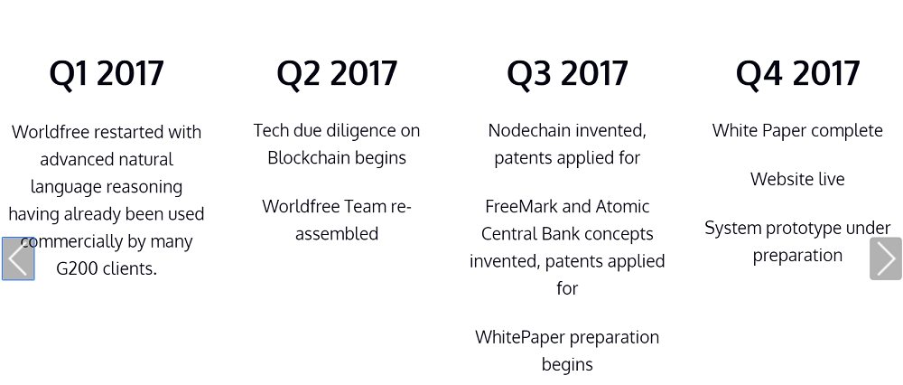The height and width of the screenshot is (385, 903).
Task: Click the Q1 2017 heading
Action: coord(107,74)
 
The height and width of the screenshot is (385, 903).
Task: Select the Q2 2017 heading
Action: coord(337,74)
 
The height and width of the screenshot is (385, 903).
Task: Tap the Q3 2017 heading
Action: coord(567,74)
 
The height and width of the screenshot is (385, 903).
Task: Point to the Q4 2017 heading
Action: coord(797,73)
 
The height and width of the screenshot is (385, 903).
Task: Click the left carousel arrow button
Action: coord(18,258)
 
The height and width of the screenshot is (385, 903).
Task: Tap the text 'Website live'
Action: coord(797,179)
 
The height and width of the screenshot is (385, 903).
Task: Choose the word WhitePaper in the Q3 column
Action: coord(516,337)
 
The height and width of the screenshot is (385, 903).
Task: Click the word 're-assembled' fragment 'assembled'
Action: coord(337,234)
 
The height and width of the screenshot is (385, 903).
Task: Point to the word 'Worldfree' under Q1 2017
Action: coord(50,132)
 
